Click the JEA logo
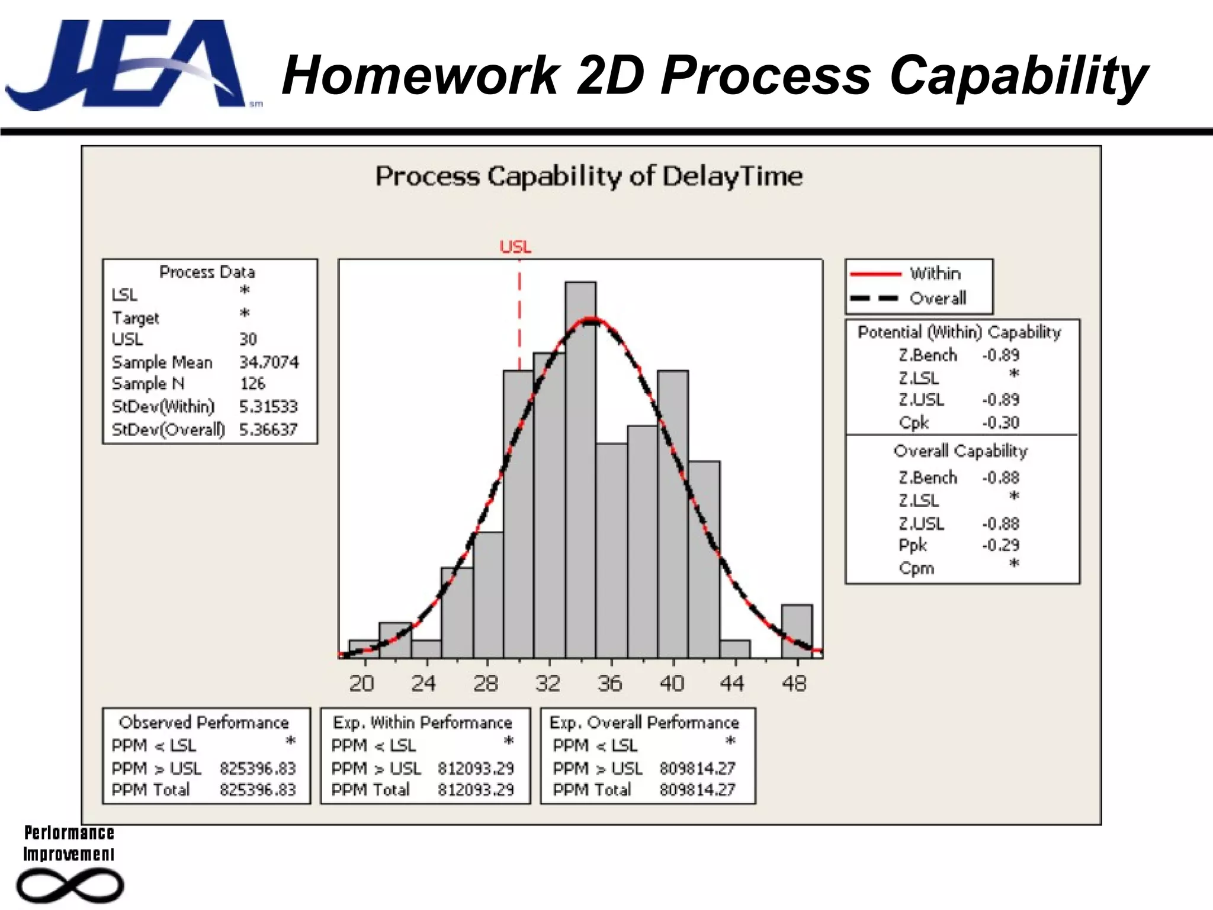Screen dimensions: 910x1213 (x=127, y=65)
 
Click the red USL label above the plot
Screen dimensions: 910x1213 (x=515, y=247)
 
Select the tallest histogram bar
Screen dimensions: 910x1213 (x=580, y=468)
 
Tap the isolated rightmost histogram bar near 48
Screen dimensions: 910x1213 (x=797, y=631)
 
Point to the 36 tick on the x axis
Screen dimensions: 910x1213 (x=611, y=684)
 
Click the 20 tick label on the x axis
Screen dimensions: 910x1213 (x=361, y=684)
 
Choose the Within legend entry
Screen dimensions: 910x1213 (x=935, y=274)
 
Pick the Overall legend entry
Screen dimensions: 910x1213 (x=937, y=298)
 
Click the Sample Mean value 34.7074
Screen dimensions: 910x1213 (x=269, y=362)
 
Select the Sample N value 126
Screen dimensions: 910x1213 (x=253, y=384)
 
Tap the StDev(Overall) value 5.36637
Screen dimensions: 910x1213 (x=268, y=430)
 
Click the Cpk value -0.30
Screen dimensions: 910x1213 (x=1000, y=423)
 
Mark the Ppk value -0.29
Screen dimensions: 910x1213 (x=1000, y=545)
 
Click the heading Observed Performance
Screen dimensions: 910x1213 (x=204, y=723)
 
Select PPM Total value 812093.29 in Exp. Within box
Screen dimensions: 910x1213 (x=476, y=790)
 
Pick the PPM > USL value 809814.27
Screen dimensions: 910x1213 (x=697, y=768)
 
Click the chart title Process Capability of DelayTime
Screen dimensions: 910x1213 (x=589, y=177)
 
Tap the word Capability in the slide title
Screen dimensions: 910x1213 (x=1019, y=75)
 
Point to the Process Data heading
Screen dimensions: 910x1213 (x=207, y=272)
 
